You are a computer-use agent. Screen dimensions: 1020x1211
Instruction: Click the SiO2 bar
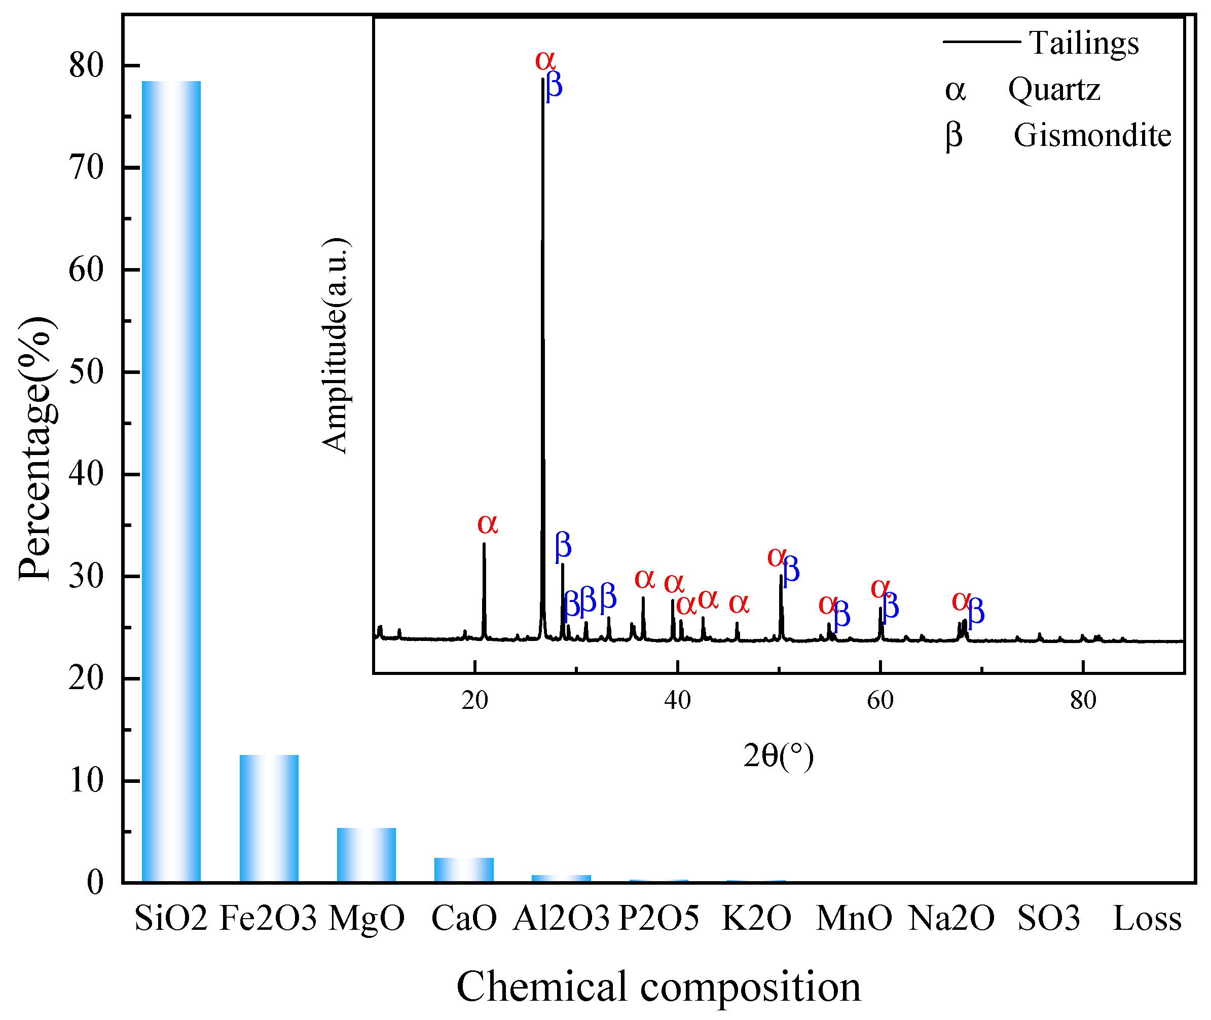[171, 480]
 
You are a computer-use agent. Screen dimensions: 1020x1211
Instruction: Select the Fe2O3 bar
[269, 818]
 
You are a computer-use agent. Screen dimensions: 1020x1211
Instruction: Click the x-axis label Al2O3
[561, 918]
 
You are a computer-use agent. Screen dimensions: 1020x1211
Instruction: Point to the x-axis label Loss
[1147, 918]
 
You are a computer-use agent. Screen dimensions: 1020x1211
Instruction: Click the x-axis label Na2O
[951, 918]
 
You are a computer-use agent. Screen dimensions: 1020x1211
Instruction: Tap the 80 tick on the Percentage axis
[86, 65]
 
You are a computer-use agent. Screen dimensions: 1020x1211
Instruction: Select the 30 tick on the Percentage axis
[86, 576]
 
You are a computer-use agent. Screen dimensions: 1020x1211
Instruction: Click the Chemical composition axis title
[658, 987]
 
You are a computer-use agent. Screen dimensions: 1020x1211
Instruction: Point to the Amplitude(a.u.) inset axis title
[336, 345]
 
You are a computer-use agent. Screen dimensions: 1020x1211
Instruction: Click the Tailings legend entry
[1083, 43]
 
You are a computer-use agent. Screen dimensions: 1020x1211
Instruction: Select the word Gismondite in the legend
[1092, 135]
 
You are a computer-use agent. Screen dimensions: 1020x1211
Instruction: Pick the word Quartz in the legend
[1054, 90]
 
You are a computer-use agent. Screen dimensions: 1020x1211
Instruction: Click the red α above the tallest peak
[545, 60]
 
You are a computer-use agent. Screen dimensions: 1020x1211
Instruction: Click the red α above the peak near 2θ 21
[488, 524]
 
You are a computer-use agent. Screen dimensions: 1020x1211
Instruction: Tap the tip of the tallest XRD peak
[542, 80]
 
